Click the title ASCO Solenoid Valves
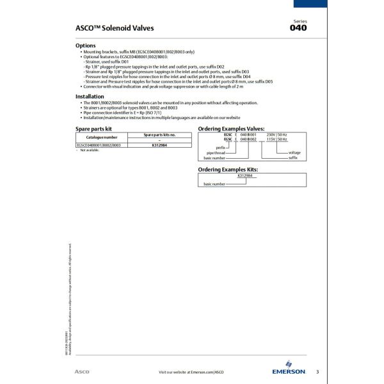pyautogui.click(x=115, y=28)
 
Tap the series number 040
pyautogui.click(x=298, y=28)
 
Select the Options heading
pyautogui.click(x=86, y=46)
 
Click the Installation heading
pyautogui.click(x=90, y=97)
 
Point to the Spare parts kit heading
pyautogui.click(x=94, y=129)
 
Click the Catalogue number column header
pyautogui.click(x=102, y=137)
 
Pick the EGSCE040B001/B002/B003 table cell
pyautogui.click(x=99, y=145)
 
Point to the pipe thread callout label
pyautogui.click(x=216, y=153)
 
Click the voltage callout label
pyautogui.click(x=294, y=153)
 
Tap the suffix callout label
pyautogui.click(x=293, y=157)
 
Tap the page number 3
pyautogui.click(x=317, y=371)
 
